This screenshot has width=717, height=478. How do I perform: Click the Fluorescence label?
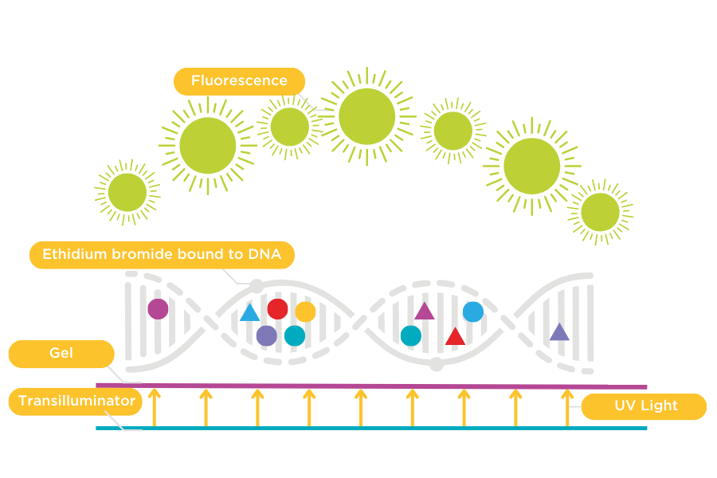(239, 80)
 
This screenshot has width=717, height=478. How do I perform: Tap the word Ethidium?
(71, 255)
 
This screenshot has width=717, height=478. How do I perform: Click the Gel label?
(61, 353)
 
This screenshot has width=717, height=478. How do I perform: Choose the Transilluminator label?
(76, 401)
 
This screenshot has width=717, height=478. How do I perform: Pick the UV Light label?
(645, 406)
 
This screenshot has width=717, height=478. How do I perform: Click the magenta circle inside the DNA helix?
(158, 308)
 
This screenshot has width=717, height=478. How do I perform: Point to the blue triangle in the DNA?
(250, 313)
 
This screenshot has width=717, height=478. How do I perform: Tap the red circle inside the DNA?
(277, 309)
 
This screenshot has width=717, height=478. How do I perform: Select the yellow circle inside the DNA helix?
(306, 311)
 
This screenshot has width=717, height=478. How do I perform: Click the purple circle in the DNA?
(266, 335)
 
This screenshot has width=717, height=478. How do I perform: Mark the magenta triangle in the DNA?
(425, 311)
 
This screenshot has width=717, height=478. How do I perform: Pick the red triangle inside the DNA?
(455, 336)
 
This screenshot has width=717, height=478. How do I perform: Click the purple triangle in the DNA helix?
(559, 332)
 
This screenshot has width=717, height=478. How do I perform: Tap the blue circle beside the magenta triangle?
(473, 311)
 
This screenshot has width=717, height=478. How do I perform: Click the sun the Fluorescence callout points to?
(366, 116)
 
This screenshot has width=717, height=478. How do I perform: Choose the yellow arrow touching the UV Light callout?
(567, 406)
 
